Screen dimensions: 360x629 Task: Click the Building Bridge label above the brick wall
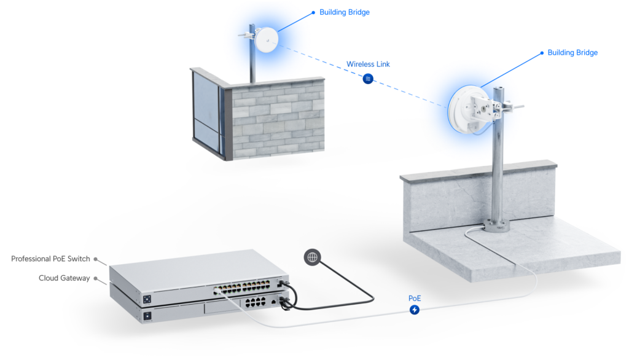(345, 12)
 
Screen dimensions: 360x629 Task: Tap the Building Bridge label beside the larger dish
(572, 53)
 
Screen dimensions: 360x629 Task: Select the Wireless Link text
(368, 64)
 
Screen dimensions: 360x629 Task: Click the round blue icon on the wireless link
(368, 78)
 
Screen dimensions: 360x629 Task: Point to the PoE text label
(415, 298)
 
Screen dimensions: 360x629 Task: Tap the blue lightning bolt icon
(415, 310)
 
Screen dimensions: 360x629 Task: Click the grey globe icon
(313, 257)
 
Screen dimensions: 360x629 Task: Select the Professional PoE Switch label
(50, 259)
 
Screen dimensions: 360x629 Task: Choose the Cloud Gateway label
(64, 278)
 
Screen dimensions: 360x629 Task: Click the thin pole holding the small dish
(252, 61)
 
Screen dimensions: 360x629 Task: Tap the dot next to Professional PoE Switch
(96, 259)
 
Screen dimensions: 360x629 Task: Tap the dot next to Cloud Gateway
(96, 278)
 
